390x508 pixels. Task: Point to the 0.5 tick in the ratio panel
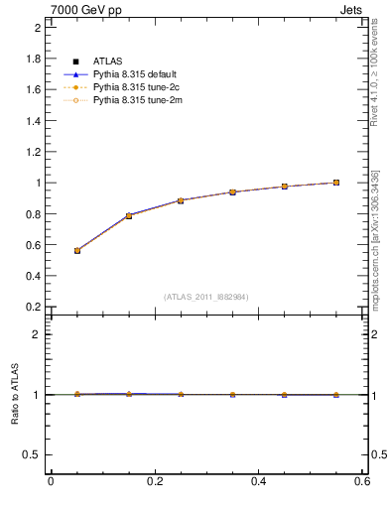coord(34,454)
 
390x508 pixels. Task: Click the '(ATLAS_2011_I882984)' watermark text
coord(205,297)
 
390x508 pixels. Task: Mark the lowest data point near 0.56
coord(76,251)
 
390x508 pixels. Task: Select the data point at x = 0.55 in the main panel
coord(336,183)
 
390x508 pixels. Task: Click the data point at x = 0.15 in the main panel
coord(129,215)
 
